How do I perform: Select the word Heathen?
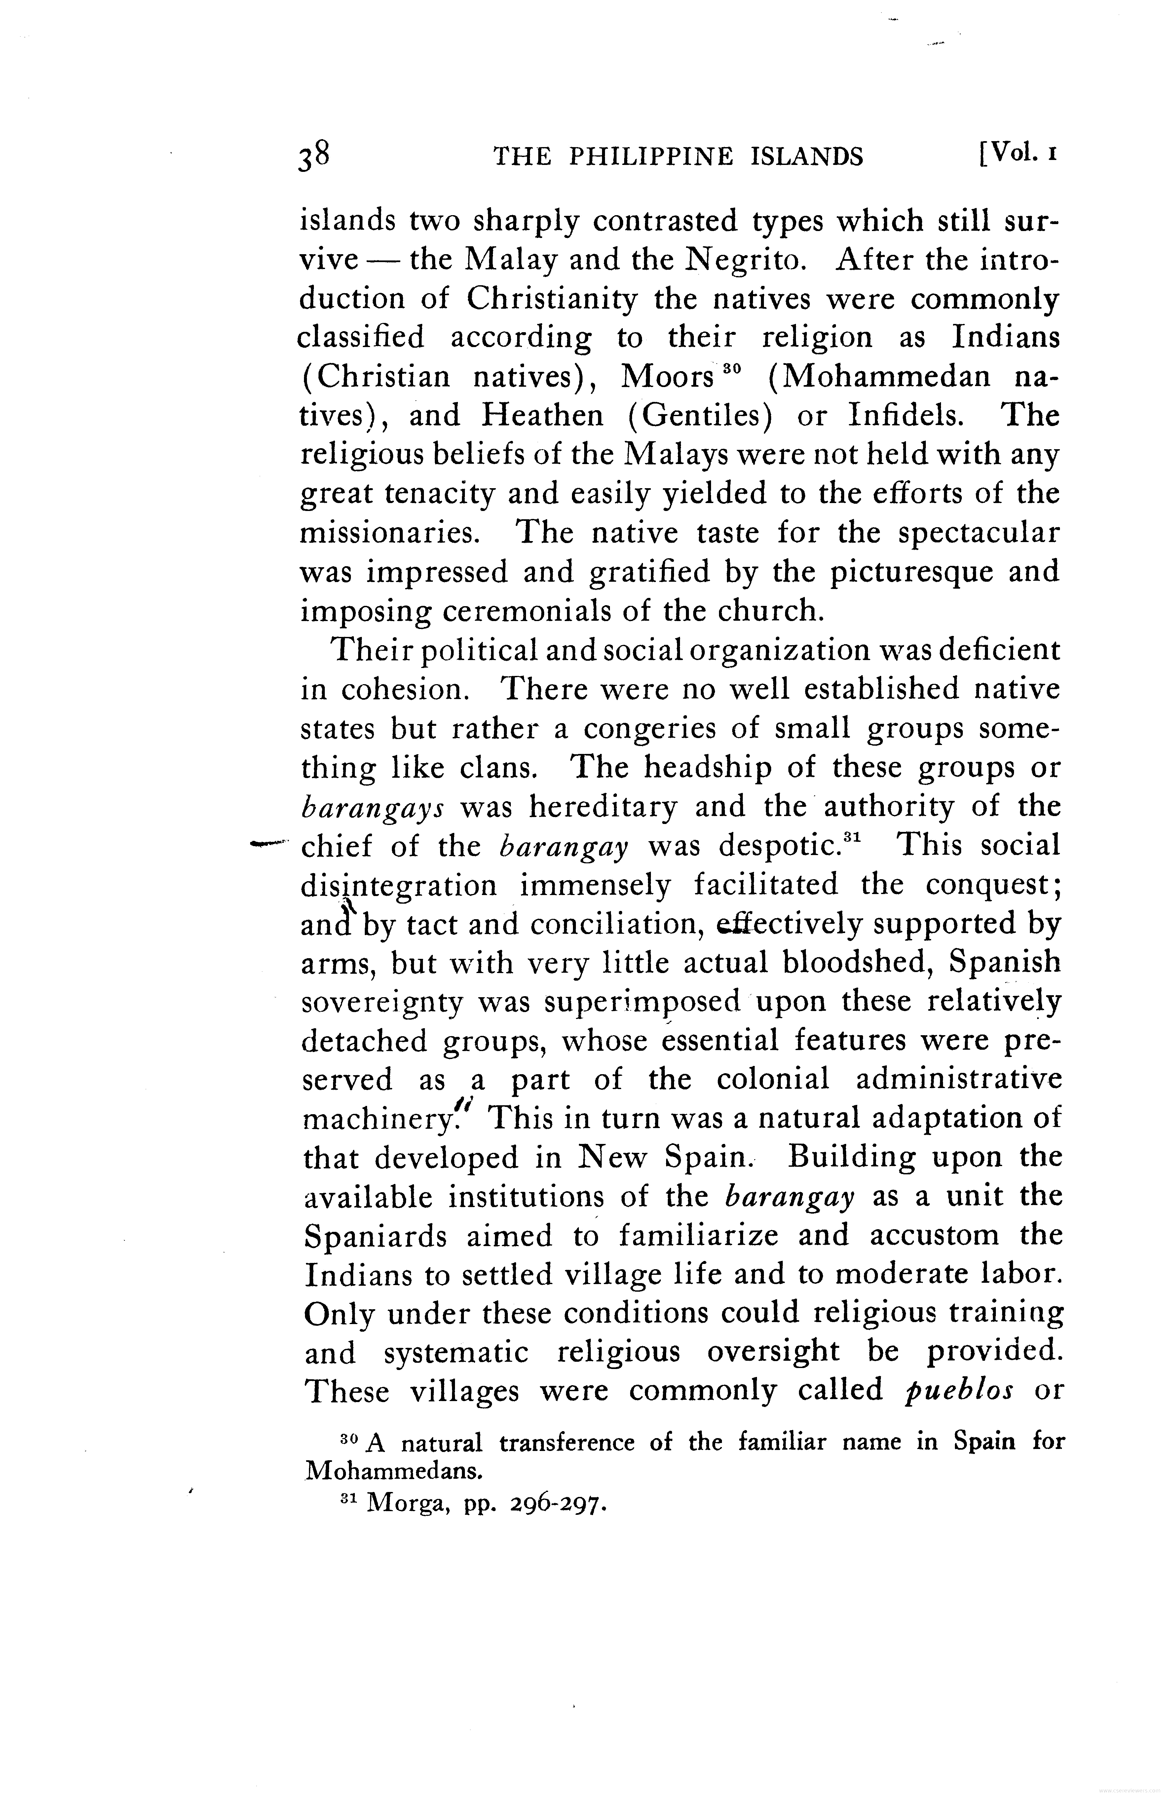[x=542, y=416]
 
